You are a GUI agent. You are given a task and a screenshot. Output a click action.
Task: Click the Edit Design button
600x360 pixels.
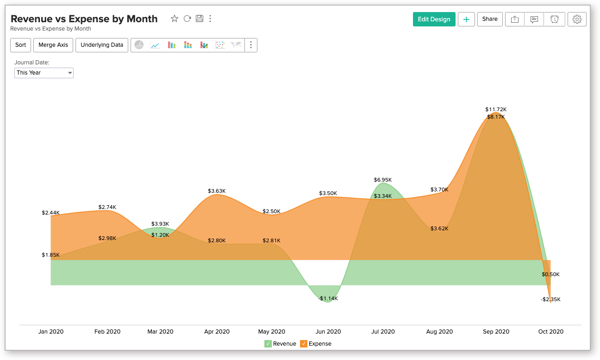point(434,19)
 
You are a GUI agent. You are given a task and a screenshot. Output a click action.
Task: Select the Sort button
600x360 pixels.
point(20,45)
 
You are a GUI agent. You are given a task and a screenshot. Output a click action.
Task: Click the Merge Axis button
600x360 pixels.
point(53,45)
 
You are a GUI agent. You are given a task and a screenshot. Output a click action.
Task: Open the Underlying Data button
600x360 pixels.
point(102,45)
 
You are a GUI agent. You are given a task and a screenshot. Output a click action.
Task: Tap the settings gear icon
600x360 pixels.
point(577,19)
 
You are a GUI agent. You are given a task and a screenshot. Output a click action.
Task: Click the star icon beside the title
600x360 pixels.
point(175,19)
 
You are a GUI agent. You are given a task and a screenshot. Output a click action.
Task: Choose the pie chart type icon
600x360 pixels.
point(139,45)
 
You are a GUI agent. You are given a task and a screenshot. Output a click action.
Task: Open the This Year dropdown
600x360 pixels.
point(44,73)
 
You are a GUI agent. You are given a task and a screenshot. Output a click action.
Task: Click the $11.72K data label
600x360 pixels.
point(496,109)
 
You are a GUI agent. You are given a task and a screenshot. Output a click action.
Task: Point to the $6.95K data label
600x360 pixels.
point(383,180)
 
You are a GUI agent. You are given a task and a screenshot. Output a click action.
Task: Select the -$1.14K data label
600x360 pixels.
point(328,298)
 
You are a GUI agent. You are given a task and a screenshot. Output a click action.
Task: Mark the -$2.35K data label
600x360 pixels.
point(550,299)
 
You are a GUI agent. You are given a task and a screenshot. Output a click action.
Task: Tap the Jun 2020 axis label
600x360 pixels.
point(328,332)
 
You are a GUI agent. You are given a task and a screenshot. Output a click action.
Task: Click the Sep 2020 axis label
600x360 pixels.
point(496,332)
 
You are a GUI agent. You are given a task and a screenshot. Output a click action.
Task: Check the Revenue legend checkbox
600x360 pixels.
point(268,344)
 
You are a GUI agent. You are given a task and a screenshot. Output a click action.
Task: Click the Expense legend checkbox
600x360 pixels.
point(304,344)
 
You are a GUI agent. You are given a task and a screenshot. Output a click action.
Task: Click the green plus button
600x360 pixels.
point(466,19)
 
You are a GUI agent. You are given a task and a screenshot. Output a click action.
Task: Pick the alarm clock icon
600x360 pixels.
point(554,19)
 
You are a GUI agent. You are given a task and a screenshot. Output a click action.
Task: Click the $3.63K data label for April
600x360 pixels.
point(217,191)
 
